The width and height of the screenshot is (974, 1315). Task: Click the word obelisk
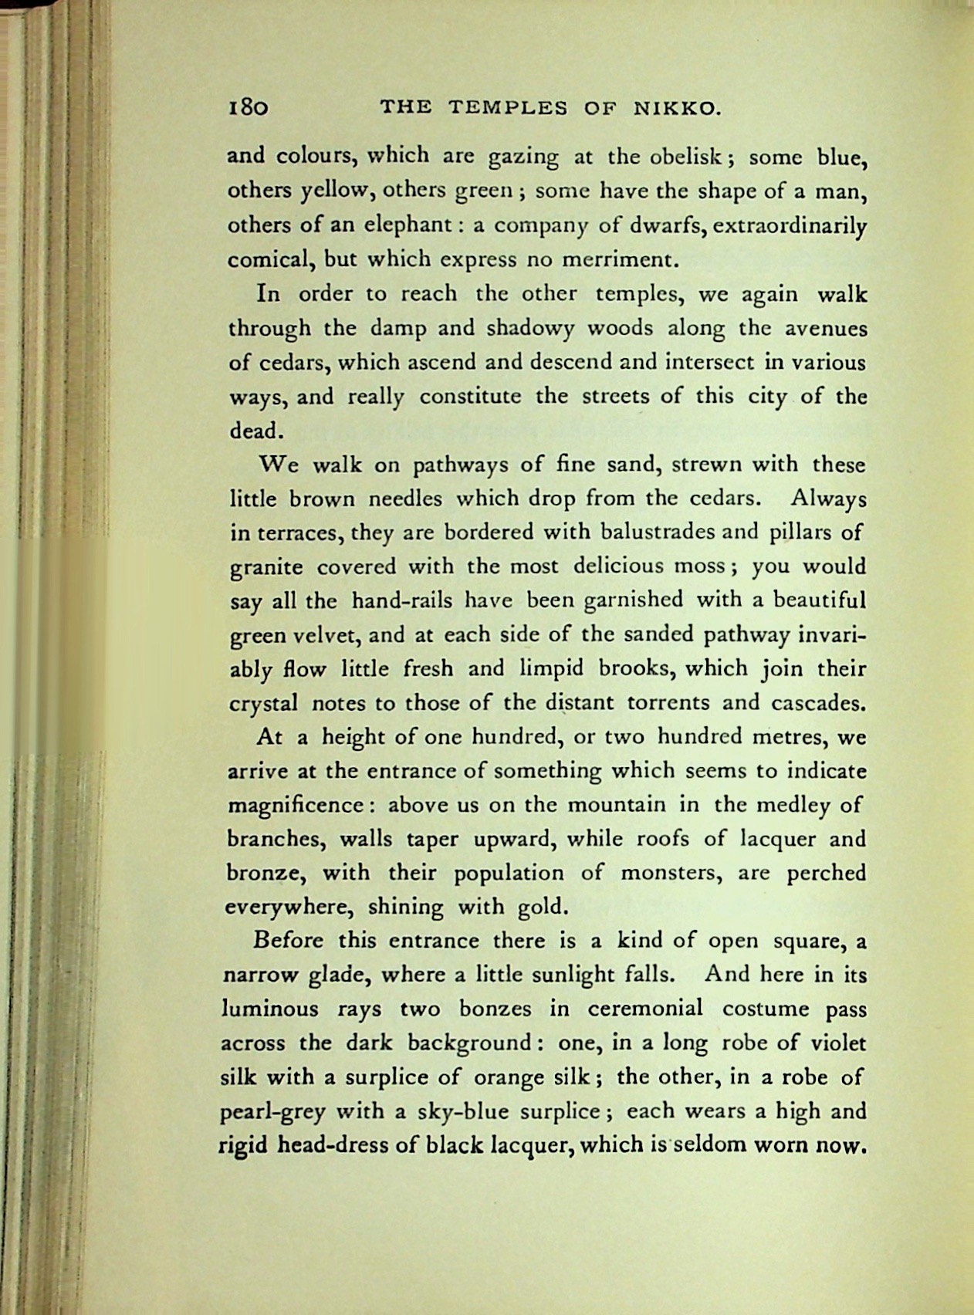click(678, 157)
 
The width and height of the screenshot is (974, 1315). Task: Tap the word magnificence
click(299, 806)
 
